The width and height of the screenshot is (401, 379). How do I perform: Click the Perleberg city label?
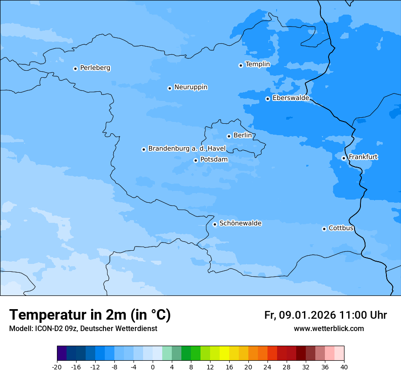tap(95, 68)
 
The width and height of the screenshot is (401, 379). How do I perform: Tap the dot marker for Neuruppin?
tap(170, 88)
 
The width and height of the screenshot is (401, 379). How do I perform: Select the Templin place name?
tap(257, 64)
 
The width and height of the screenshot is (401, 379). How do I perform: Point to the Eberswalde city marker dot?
tap(267, 99)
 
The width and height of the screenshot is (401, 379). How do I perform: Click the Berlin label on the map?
tap(242, 136)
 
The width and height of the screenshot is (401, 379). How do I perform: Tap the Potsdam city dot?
tap(195, 160)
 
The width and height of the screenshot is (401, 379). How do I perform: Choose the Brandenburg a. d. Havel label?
tap(187, 149)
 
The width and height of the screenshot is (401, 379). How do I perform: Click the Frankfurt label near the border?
tap(363, 157)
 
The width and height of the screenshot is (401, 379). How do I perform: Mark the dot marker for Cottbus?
tap(324, 229)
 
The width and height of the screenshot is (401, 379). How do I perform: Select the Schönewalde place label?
tap(240, 223)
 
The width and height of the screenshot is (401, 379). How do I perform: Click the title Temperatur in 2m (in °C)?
tap(90, 315)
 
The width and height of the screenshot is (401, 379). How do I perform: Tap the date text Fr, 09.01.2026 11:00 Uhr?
tap(325, 315)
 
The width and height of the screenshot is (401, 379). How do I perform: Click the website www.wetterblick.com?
tap(329, 329)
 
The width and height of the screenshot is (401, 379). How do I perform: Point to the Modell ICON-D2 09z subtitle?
tap(83, 329)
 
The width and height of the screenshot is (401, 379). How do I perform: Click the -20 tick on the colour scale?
tap(57, 367)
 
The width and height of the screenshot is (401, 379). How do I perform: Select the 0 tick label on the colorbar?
tap(153, 367)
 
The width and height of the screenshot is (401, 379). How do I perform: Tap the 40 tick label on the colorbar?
tap(344, 367)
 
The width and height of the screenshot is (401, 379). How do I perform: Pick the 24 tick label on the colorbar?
tap(267, 367)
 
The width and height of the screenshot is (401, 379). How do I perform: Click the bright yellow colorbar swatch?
tap(224, 353)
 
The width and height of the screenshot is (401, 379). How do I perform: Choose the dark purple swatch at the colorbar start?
tap(62, 353)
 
